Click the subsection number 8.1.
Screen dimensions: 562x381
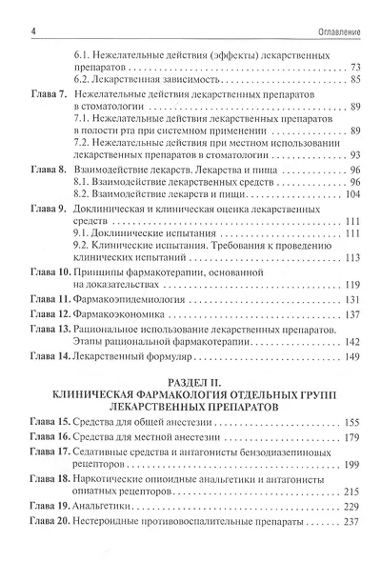click(83, 179)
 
